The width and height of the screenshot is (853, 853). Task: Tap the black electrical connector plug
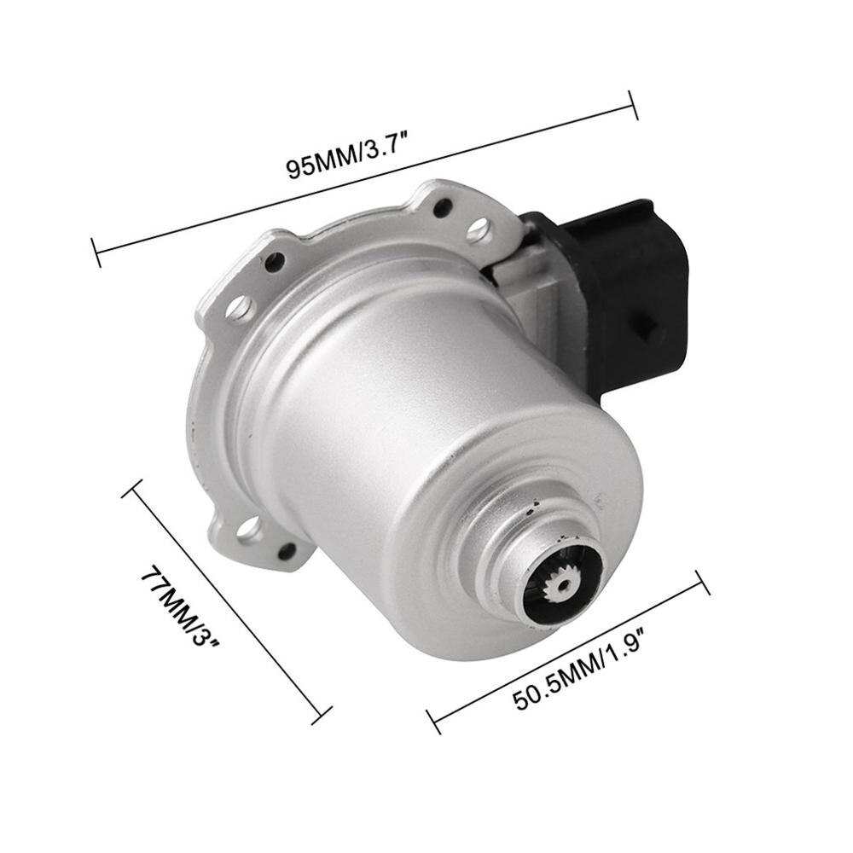pyautogui.click(x=631, y=281)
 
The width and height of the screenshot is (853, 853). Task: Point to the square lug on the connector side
pyautogui.click(x=648, y=328)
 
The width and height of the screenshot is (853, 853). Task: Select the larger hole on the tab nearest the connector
pyautogui.click(x=479, y=228)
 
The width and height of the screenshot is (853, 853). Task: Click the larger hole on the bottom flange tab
pyautogui.click(x=249, y=530)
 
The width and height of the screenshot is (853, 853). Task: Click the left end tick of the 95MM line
pyautogui.click(x=96, y=252)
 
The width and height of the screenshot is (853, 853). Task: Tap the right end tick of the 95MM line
pyautogui.click(x=633, y=105)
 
